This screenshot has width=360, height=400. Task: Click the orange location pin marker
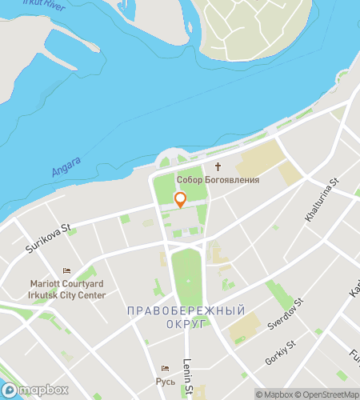point(180,200)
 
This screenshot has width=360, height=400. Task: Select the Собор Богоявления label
point(218,180)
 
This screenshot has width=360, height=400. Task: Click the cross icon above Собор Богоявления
point(218,168)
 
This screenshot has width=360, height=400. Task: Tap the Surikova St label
point(48,238)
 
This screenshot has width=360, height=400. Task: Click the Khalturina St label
point(322,201)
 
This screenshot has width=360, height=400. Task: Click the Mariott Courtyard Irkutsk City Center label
point(66,289)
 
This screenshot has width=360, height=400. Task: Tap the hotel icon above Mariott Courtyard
point(66,270)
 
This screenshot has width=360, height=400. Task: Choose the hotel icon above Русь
point(166,368)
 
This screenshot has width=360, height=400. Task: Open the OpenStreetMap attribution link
point(328,394)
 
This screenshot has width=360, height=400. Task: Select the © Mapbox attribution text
point(274,394)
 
